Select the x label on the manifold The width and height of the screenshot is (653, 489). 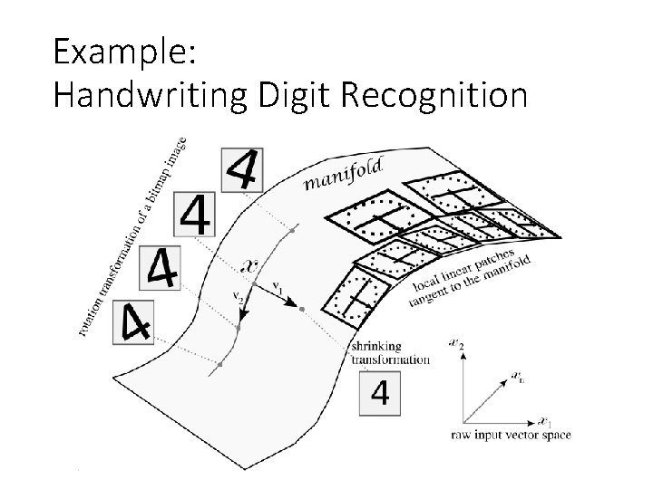tap(252, 265)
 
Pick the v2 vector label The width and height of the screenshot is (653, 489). tap(238, 296)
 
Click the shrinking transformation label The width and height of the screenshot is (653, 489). tap(390, 352)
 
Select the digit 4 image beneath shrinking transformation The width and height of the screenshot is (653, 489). tap(382, 393)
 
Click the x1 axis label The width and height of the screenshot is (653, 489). tap(543, 422)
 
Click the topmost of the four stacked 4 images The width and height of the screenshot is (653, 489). tap(242, 169)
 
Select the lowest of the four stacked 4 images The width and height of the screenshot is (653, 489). tap(131, 321)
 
